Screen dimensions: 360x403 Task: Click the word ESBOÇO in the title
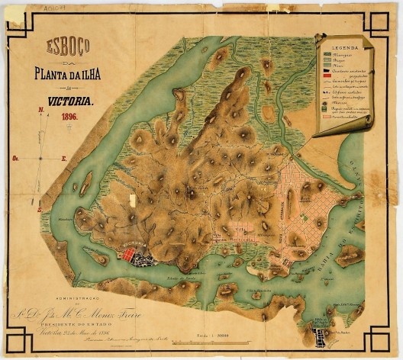68,46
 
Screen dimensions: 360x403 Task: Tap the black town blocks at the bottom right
324,334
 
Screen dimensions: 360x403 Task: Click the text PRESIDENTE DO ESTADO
76,320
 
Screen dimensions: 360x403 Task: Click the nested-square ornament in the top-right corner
384,19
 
